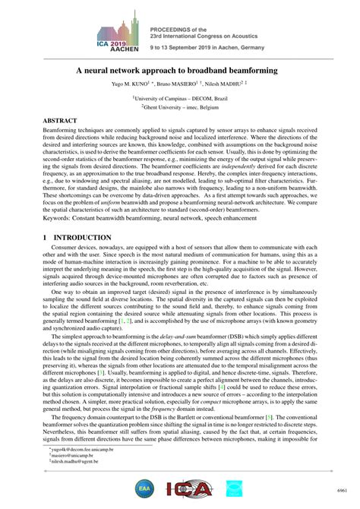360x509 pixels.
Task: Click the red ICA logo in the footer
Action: (x=185, y=488)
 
